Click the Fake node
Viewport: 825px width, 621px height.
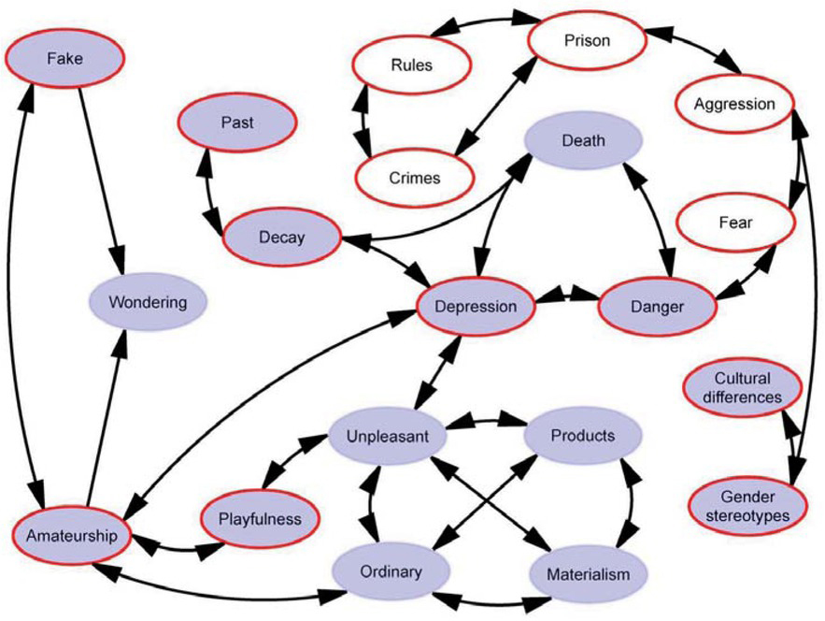click(64, 58)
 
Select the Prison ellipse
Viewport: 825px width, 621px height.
click(587, 40)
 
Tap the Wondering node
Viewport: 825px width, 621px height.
click(148, 302)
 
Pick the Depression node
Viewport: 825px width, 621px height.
click(476, 306)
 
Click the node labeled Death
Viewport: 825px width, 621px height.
click(584, 140)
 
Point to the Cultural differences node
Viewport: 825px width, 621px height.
click(743, 388)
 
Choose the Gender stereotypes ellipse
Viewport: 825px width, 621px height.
click(747, 506)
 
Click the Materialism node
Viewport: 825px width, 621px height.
click(589, 573)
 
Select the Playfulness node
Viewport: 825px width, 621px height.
click(260, 519)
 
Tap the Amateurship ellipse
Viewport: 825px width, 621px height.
click(72, 536)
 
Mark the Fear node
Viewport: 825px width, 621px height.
click(735, 223)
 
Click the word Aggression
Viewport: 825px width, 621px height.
click(734, 104)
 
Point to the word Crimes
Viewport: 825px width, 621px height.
click(415, 178)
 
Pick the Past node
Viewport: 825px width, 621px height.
click(237, 123)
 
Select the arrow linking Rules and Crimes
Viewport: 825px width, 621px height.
click(363, 122)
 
